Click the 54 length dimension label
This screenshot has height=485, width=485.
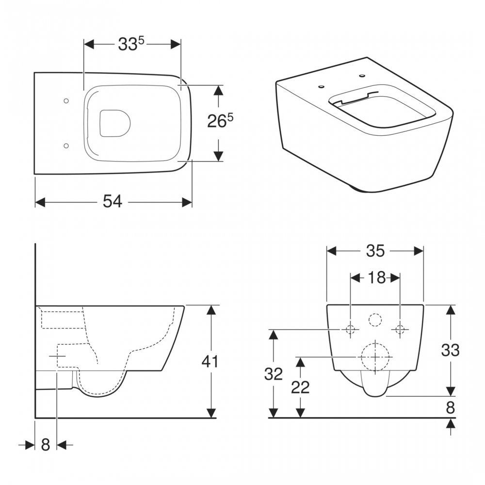pos(113,202)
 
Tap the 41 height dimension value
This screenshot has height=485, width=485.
pos(210,361)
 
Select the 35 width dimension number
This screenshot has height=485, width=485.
pos(375,251)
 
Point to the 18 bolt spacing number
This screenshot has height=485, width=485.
pos(376,278)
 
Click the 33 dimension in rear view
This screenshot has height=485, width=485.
pos(450,350)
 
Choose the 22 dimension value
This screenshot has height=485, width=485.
pos(300,387)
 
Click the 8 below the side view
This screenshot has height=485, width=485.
pos(46,445)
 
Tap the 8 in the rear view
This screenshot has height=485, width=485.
pos(451,408)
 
